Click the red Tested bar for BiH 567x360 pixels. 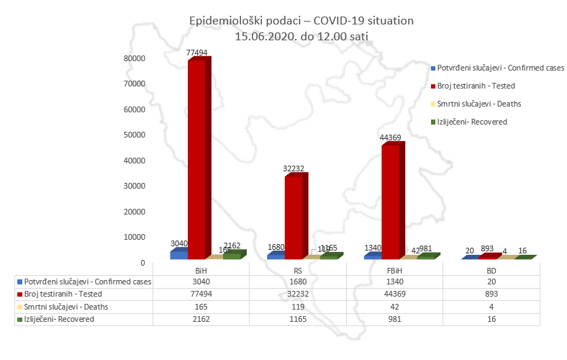coord(197,158)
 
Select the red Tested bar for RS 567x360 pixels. coord(294,216)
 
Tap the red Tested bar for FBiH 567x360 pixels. coord(391,202)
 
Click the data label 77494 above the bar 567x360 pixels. coord(197,53)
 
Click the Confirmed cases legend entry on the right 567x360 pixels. coord(499,68)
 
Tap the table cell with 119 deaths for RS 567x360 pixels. coord(297,306)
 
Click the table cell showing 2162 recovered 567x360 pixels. coord(201,318)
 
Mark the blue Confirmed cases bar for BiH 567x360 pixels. coord(178,254)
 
